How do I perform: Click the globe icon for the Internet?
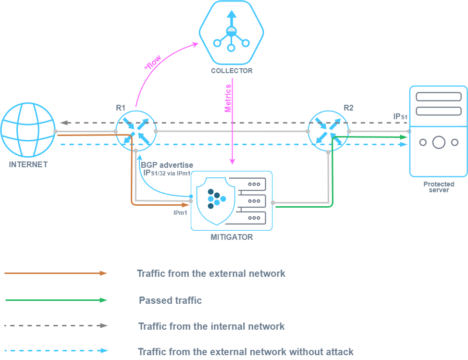click(x=28, y=131)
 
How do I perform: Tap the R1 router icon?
click(x=136, y=131)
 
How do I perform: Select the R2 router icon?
click(x=328, y=131)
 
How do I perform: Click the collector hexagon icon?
click(x=232, y=33)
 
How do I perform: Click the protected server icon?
click(x=438, y=131)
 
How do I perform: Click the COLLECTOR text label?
click(x=232, y=71)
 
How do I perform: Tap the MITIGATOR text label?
click(x=232, y=237)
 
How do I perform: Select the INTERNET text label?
click(x=28, y=164)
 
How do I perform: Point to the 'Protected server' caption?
click(x=439, y=187)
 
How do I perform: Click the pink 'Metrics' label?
click(x=229, y=99)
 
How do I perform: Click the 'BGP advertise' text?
click(x=167, y=165)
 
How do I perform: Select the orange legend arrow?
click(x=56, y=273)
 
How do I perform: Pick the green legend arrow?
click(x=56, y=300)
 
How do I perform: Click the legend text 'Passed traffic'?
click(x=170, y=300)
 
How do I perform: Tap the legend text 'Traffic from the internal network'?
click(x=211, y=326)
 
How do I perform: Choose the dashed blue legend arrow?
click(x=56, y=351)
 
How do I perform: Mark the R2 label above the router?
click(x=348, y=108)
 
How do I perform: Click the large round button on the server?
click(x=438, y=142)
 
